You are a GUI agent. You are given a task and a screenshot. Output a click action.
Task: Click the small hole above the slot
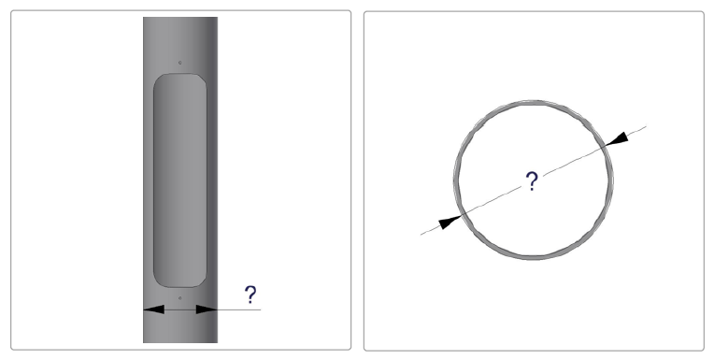(179, 63)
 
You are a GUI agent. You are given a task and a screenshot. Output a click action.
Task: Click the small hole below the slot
(179, 298)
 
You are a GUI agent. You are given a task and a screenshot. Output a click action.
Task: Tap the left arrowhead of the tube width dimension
(153, 310)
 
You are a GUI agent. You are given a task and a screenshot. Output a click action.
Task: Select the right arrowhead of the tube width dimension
(207, 310)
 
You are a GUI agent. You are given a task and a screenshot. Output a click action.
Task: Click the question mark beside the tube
(250, 295)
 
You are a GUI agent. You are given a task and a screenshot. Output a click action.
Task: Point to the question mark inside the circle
(532, 180)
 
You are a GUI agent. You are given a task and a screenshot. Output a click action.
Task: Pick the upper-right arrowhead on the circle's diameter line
(617, 139)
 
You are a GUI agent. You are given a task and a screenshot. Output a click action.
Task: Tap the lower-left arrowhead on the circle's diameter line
(450, 222)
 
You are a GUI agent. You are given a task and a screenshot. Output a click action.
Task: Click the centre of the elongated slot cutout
(179, 180)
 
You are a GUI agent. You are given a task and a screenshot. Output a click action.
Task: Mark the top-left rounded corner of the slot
(158, 79)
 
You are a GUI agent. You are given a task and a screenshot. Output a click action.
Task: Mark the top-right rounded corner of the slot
(202, 79)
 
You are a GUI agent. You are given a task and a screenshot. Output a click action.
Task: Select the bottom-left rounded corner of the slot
(158, 282)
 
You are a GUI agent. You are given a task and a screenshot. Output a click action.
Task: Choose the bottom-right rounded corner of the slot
(202, 282)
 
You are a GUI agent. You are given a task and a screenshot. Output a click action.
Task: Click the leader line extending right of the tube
(239, 310)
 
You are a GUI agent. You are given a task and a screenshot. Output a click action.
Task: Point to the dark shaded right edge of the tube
(213, 180)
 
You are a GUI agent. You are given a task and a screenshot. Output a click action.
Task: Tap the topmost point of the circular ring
(534, 102)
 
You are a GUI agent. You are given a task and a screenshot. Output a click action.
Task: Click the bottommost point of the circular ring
(534, 258)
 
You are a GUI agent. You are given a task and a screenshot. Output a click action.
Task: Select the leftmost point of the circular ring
(455, 180)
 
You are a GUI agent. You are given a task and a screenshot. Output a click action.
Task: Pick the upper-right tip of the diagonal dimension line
(646, 126)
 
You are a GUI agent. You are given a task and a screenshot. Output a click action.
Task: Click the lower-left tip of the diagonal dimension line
(421, 235)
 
